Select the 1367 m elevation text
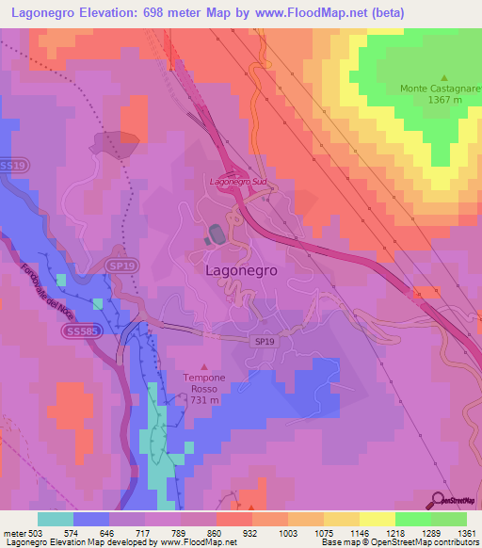[x=444, y=100]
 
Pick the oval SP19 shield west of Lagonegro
[x=116, y=266]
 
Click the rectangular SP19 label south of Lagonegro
[x=265, y=342]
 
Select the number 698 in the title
[x=162, y=13]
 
